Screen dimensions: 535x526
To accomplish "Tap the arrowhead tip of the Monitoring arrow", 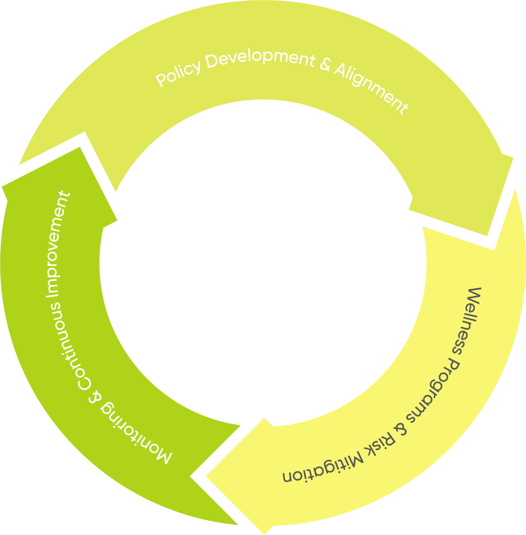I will coord(79,147).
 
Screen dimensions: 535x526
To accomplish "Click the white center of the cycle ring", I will coord(263,264).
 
